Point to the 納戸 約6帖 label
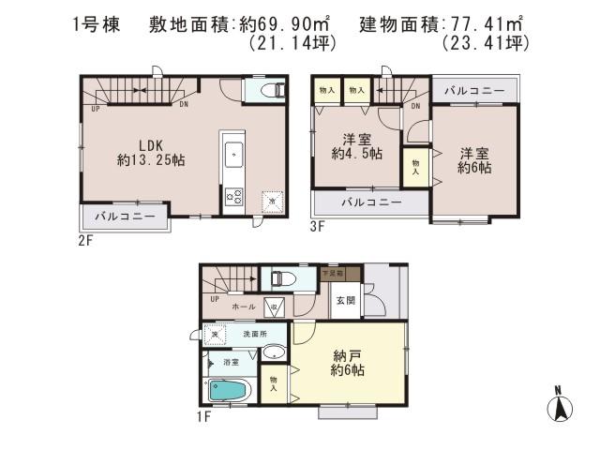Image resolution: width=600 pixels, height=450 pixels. (348, 363)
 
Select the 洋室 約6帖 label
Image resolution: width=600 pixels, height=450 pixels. (474, 159)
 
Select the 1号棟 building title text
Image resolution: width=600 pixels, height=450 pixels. (97, 25)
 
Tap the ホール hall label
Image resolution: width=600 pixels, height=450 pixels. (243, 307)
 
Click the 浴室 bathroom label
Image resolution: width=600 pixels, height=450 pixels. (231, 362)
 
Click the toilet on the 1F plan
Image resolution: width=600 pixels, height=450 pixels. (279, 278)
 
